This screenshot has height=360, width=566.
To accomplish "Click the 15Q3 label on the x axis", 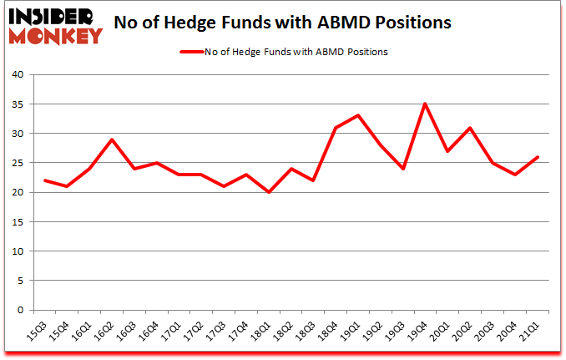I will coord(37,330).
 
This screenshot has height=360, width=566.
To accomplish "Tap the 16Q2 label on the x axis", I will coord(104,330).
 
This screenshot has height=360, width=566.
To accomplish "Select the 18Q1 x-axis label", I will coord(262,330).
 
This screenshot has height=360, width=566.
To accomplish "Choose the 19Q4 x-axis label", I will coord(420,330).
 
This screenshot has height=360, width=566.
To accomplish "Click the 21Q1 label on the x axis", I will coord(533,330).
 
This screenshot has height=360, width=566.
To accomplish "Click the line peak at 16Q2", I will coord(112,139).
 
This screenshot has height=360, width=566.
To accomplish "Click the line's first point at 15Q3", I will coord(44,180).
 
